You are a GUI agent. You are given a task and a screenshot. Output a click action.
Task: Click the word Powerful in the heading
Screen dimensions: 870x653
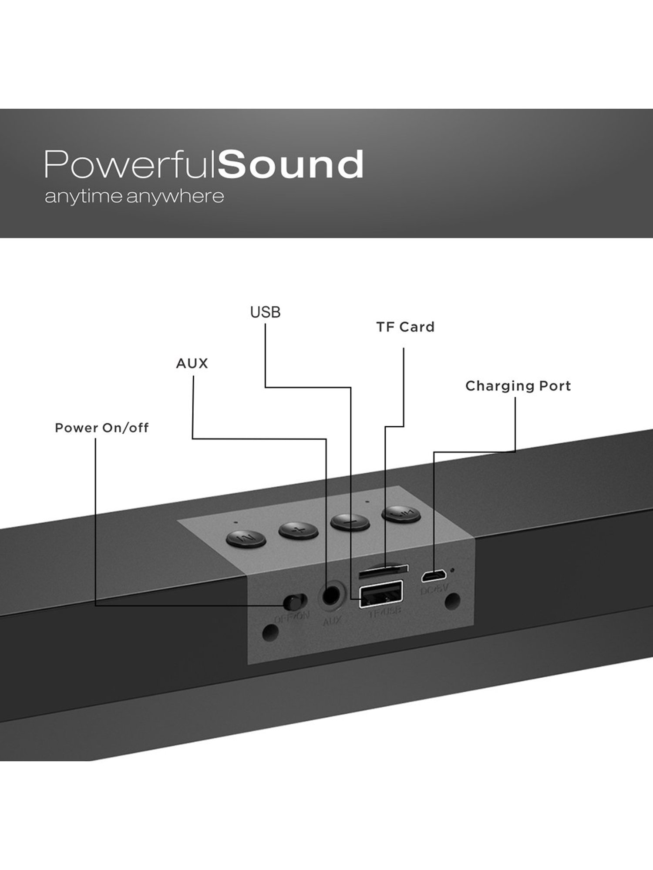point(131,164)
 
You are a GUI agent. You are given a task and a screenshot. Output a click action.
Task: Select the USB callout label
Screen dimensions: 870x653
point(265,312)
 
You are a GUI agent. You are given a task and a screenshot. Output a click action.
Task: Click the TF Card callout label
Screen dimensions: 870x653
point(405,327)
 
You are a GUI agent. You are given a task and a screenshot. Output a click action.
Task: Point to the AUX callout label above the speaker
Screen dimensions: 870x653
point(192,364)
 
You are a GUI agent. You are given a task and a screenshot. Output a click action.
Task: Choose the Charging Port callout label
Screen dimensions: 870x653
point(518,386)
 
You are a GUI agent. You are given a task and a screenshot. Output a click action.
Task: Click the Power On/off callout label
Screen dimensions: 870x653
point(101,428)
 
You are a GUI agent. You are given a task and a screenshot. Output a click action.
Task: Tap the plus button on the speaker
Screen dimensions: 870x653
point(297,530)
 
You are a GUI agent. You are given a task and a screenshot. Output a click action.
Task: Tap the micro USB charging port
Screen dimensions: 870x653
point(433,576)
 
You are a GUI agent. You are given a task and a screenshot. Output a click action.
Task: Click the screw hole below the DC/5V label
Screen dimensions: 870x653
point(451,602)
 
